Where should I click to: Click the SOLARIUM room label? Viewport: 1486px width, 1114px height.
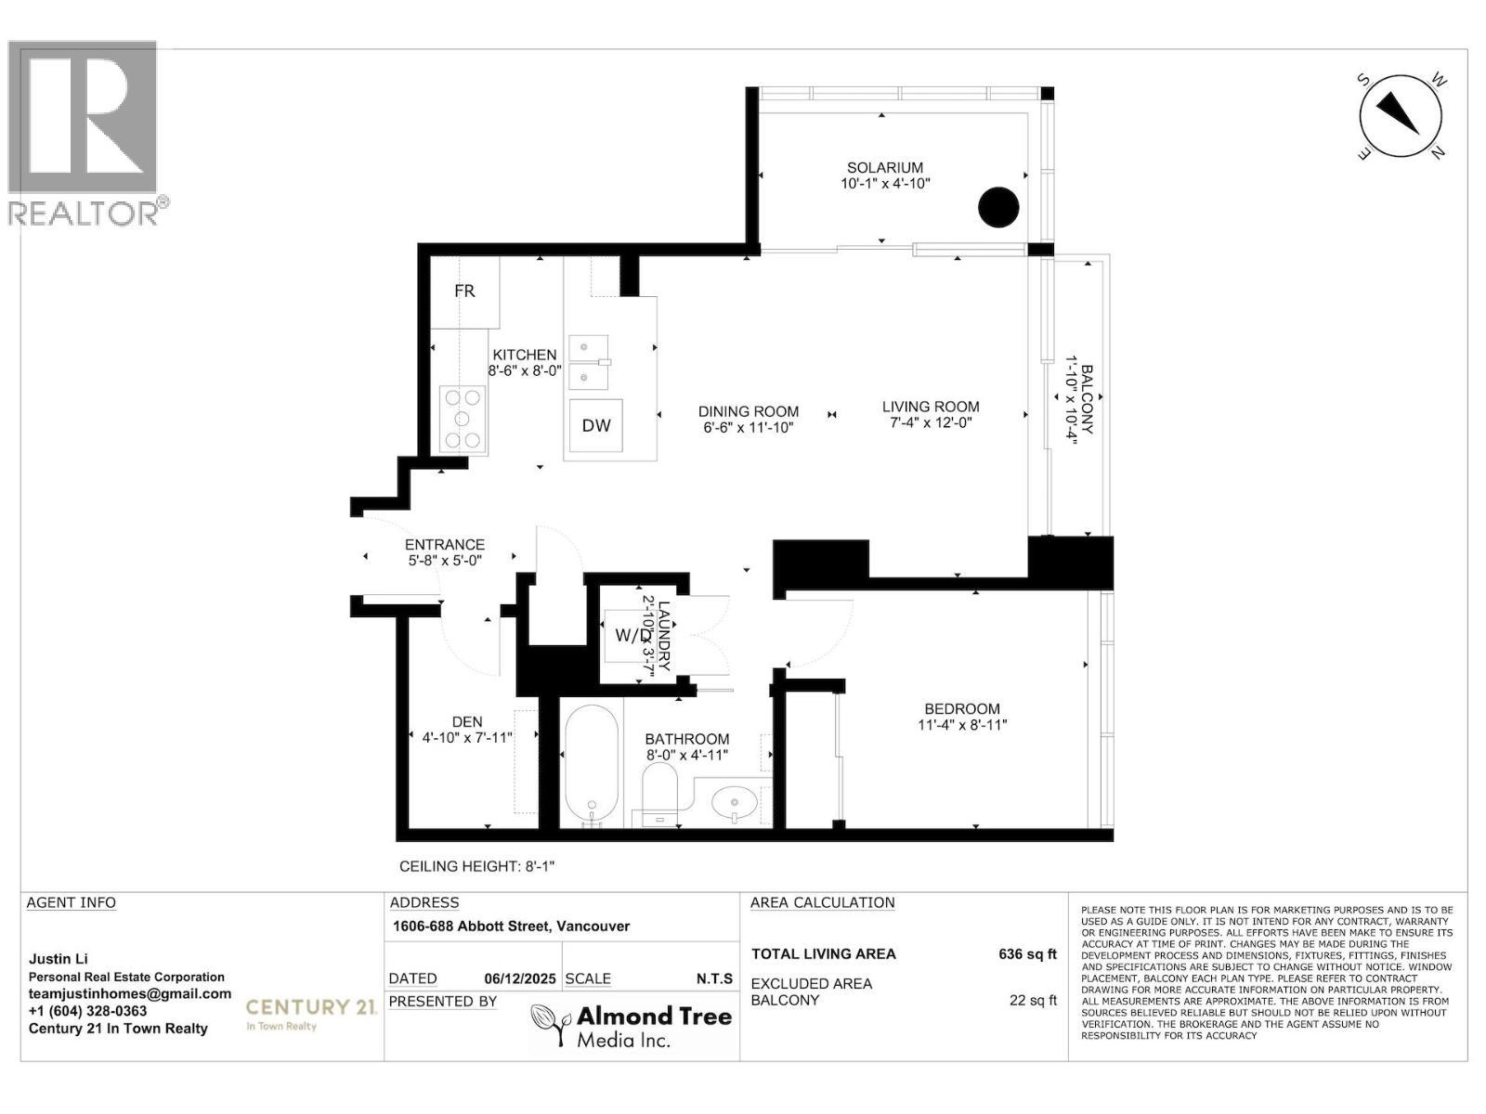[884, 168]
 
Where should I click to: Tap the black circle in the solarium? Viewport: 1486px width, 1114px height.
[998, 207]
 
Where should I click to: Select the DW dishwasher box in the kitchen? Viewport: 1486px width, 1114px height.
[596, 425]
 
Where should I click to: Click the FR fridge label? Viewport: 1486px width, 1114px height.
[464, 291]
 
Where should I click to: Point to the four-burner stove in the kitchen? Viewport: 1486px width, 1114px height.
[463, 419]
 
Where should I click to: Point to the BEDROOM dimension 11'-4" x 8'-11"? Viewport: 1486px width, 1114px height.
[962, 725]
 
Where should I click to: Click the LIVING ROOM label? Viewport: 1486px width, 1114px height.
[931, 407]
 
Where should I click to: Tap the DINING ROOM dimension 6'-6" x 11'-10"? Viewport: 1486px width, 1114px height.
[749, 428]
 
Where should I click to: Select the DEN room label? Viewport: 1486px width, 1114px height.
[467, 721]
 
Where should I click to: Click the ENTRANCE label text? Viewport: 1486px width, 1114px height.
[445, 545]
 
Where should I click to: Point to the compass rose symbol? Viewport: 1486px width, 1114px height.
[1401, 117]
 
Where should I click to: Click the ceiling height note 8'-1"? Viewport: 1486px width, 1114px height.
[477, 866]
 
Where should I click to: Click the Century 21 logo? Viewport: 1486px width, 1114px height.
[309, 1011]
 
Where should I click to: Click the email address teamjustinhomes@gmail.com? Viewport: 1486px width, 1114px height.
[130, 993]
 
